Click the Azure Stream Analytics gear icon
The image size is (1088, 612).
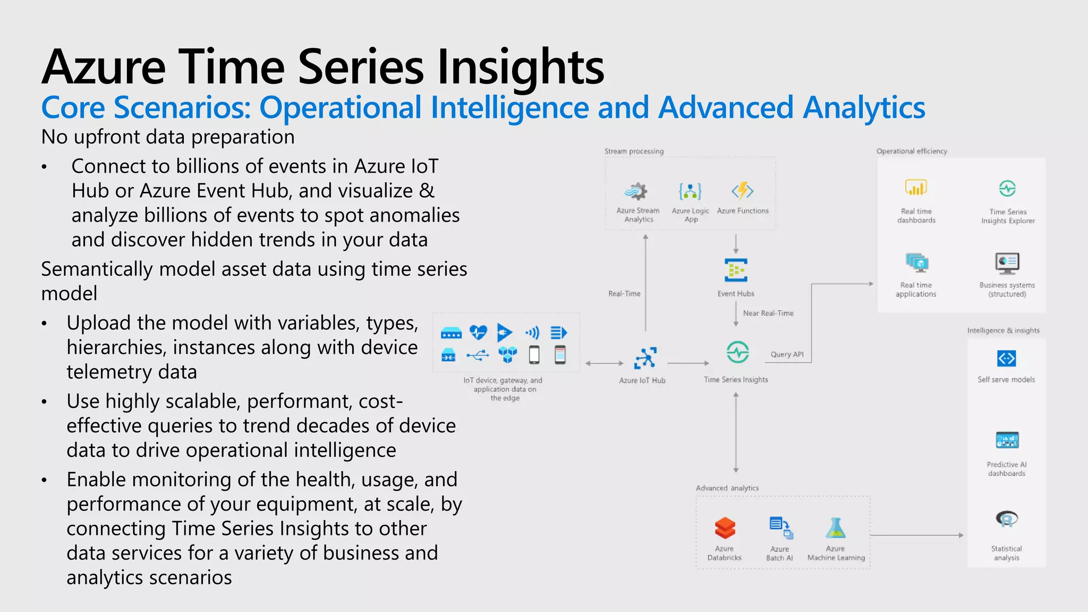click(x=636, y=191)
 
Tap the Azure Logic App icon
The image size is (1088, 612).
click(x=690, y=191)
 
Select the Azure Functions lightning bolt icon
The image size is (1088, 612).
click(x=743, y=190)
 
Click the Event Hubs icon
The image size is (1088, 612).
click(x=736, y=270)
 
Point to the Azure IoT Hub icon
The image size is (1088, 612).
click(x=645, y=358)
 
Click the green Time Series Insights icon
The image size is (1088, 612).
click(x=737, y=352)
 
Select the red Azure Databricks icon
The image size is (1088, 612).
click(x=725, y=528)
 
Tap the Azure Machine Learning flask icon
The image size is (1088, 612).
click(x=836, y=528)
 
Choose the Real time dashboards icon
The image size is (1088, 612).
click(x=916, y=188)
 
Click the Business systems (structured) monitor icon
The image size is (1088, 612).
click(x=1007, y=262)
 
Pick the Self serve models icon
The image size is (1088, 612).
click(x=1006, y=359)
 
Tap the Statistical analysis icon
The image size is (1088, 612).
click(x=1006, y=519)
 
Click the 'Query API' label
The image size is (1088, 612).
click(x=787, y=354)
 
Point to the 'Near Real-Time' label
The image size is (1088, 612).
click(x=768, y=313)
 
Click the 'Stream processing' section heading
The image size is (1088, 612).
click(x=634, y=151)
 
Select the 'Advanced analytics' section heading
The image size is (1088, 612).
click(x=727, y=488)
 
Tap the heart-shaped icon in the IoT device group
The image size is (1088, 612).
click(x=478, y=333)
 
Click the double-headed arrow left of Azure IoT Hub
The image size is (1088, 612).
click(x=605, y=363)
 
